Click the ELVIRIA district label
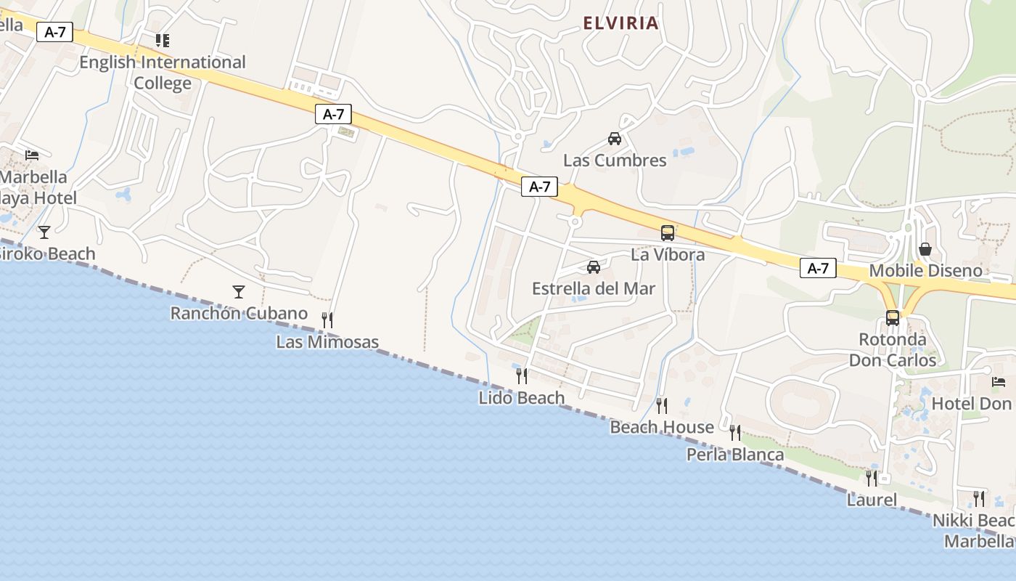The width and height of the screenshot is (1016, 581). tap(621, 23)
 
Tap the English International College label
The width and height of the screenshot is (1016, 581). tap(163, 73)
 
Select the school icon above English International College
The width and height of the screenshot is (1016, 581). tap(163, 40)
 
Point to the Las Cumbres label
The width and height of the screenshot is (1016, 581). tap(615, 161)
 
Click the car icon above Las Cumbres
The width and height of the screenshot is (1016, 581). tap(615, 138)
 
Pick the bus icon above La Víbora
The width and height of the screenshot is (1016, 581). tap(668, 233)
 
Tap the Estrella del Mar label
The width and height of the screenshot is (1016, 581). tap(594, 288)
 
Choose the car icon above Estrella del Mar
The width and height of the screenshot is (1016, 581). tap(594, 267)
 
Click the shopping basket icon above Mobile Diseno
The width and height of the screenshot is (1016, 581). tap(925, 249)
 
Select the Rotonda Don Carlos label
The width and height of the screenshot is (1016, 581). tap(893, 350)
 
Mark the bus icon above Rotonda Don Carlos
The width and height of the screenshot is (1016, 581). tap(893, 317)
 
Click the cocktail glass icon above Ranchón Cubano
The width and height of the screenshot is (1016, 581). tap(239, 292)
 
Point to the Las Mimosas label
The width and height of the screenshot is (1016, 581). tap(327, 342)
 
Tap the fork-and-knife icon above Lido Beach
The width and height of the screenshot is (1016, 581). tap(522, 375)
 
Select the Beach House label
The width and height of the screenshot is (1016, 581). tap(662, 427)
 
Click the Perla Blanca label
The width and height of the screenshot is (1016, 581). tap(735, 455)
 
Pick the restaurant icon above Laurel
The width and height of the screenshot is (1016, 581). tap(872, 478)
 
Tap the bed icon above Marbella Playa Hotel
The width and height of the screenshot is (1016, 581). tap(32, 155)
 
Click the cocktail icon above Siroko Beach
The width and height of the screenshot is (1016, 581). tap(44, 232)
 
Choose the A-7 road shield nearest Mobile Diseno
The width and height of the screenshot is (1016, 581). tap(818, 269)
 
